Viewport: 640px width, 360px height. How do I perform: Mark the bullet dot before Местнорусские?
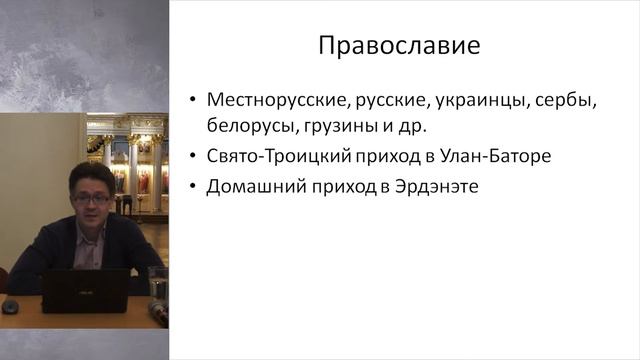(x=191, y=103)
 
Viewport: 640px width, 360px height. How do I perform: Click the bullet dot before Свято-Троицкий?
(x=191, y=158)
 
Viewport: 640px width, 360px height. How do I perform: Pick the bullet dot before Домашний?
(x=191, y=187)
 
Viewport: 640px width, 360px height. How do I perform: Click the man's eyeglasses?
(x=92, y=199)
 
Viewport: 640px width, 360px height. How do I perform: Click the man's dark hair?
(x=88, y=175)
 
